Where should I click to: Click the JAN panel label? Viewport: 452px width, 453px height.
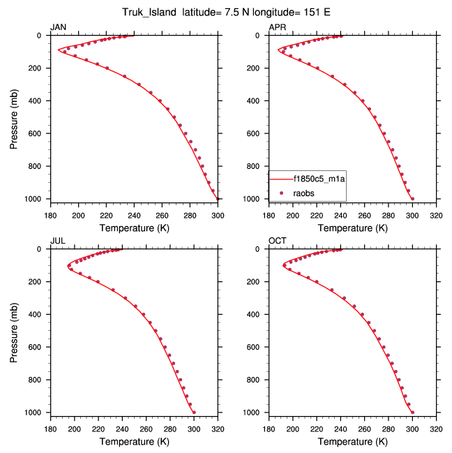[58, 27]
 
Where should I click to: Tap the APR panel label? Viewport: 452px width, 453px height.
[277, 27]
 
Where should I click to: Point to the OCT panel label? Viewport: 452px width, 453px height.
[278, 241]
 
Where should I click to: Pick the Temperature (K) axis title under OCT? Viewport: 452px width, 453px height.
[353, 441]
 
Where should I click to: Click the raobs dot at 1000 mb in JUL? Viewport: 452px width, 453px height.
[194, 412]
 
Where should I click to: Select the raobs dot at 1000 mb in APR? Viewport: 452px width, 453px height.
[412, 198]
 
